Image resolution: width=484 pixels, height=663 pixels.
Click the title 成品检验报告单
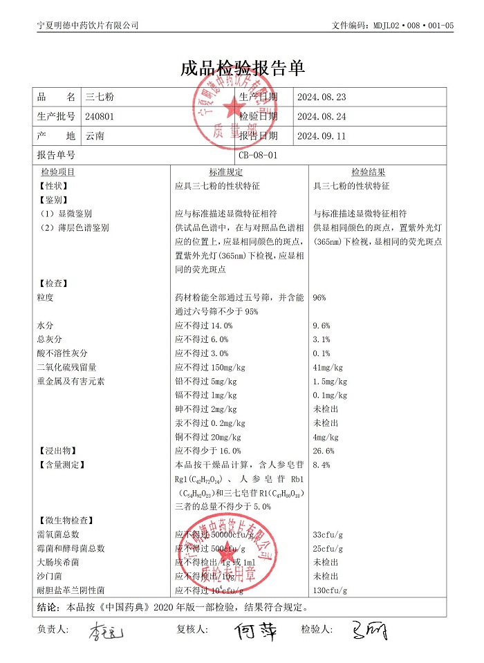(x=242, y=68)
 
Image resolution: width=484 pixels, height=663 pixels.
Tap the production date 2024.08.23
(x=321, y=97)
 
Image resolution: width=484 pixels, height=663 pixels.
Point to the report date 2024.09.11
(x=321, y=136)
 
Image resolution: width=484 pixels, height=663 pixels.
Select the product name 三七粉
(x=96, y=97)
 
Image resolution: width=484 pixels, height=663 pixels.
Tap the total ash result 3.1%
(x=322, y=339)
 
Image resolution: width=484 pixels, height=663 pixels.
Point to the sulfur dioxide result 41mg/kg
(x=328, y=367)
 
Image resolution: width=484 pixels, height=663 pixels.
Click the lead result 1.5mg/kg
(x=331, y=382)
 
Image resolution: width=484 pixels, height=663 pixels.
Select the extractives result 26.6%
(x=324, y=451)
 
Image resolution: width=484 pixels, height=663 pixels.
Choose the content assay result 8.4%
(x=322, y=465)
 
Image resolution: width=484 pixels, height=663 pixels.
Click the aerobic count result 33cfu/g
(x=329, y=534)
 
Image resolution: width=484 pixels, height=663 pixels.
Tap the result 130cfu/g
(x=331, y=590)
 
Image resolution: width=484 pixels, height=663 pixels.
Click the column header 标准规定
(x=226, y=172)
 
